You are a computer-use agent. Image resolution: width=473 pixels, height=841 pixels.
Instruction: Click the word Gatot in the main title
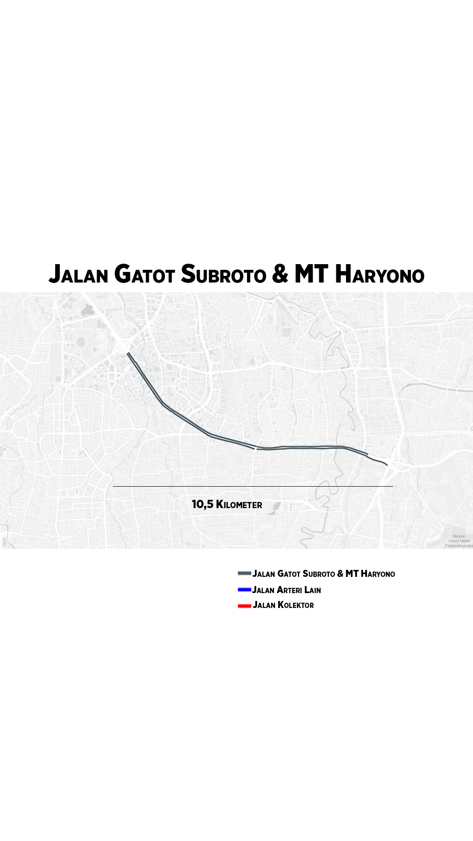pos(145,275)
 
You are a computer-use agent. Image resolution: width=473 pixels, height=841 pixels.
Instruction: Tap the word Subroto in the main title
pos(223,275)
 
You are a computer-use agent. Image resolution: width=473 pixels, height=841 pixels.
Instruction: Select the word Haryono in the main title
pos(380,275)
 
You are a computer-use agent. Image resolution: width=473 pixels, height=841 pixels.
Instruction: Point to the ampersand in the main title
pos(280,275)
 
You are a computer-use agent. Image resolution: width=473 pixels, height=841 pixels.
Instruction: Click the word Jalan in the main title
pos(78,275)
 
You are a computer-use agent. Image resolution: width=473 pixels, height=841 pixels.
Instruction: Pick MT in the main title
pos(311,275)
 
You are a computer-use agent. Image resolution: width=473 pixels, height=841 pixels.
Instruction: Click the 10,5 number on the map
pos(202,504)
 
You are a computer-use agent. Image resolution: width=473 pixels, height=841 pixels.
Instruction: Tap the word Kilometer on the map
pos(239,505)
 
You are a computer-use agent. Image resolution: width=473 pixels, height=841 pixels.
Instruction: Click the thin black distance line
pos(253,486)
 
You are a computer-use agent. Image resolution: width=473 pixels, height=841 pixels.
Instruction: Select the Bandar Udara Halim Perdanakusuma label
pos(459,541)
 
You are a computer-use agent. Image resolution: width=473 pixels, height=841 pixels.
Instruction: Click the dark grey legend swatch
pos(244,573)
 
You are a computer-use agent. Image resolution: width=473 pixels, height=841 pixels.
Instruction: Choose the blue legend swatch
pos(244,590)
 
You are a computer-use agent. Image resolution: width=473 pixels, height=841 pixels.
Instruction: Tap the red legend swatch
pos(244,606)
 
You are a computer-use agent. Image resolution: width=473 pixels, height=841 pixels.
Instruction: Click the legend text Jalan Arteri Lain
pos(286,590)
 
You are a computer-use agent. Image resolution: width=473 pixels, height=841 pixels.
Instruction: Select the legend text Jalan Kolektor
pos(283,605)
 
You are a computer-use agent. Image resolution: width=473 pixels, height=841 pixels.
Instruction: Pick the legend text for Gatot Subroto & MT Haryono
pos(324,574)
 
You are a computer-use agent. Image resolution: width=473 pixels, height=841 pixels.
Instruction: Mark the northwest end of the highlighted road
pos(128,353)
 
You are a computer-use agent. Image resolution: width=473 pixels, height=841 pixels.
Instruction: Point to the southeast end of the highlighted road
pos(387,464)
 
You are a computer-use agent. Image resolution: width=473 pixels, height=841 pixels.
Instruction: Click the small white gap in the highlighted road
pos(255,448)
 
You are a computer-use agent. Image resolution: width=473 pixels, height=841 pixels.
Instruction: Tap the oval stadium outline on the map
pos(81,341)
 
